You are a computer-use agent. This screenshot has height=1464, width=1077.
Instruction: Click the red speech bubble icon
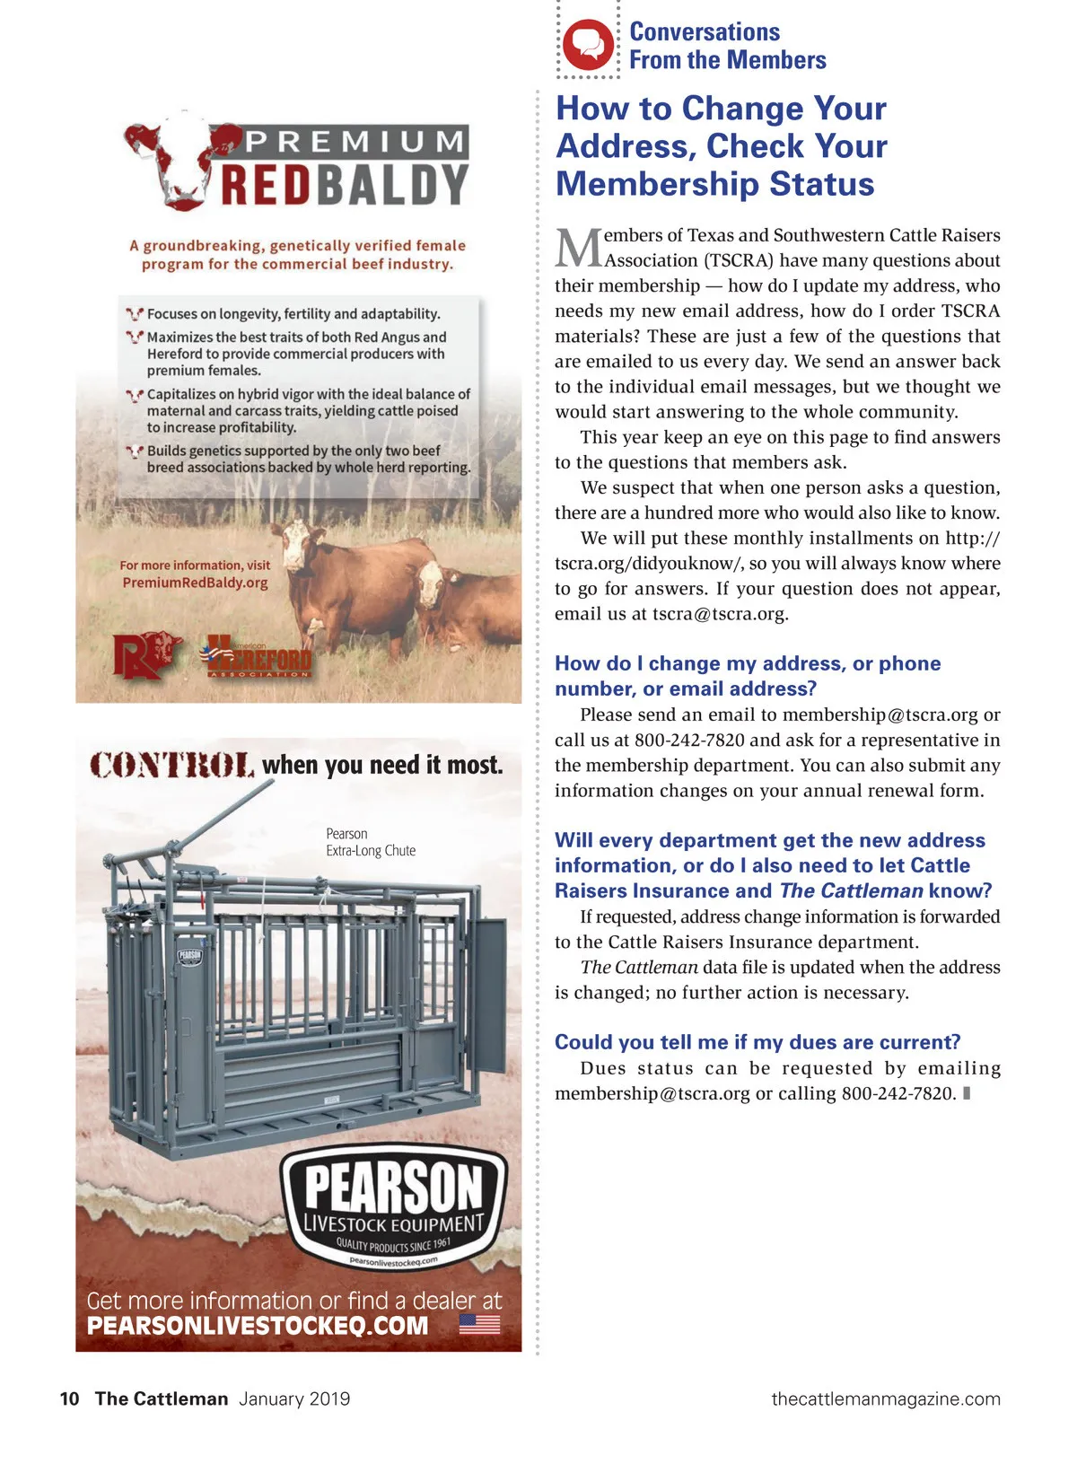coord(588,44)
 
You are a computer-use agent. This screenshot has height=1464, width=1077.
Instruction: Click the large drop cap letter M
coord(578,249)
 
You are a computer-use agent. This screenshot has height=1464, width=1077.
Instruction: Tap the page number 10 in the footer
coord(69,1398)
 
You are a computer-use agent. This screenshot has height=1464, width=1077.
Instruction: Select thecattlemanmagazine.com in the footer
coord(885,1398)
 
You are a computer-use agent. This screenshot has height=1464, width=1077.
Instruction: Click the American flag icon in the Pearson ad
coord(479,1324)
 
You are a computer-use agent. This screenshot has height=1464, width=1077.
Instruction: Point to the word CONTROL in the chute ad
coord(172,766)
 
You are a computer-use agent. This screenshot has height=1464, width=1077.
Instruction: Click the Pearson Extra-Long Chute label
coord(370,842)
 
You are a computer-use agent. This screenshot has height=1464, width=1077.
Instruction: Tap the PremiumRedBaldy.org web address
coord(195,583)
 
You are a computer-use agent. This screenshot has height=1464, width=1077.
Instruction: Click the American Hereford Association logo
coord(258,658)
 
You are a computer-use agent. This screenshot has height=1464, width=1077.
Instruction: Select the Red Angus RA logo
coord(146,654)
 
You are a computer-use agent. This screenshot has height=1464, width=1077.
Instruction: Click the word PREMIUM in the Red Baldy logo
coord(355,142)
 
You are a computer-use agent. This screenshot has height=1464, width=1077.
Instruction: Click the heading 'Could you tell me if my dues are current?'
coord(757,1042)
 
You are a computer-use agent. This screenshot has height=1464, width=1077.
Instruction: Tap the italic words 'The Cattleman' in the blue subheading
coord(851,890)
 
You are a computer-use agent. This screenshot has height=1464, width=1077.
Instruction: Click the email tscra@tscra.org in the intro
coord(720,614)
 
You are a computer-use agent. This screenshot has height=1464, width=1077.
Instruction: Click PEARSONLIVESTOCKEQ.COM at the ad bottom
coord(258,1326)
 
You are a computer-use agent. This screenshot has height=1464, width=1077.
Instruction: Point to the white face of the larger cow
coord(295,547)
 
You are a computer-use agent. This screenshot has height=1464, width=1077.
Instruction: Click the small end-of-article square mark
coord(967,1093)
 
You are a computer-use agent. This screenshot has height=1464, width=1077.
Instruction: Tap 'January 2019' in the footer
coord(294,1398)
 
